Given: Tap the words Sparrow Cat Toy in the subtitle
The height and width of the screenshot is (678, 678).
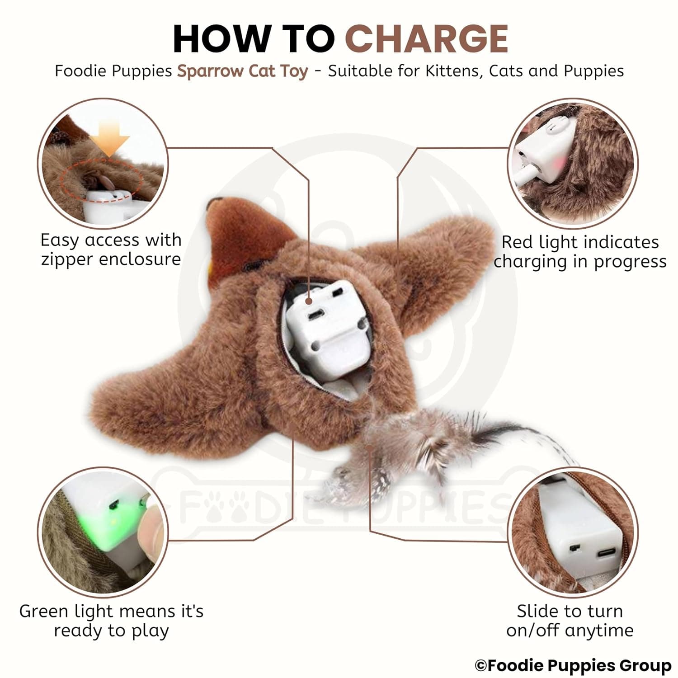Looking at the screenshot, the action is tap(243, 71).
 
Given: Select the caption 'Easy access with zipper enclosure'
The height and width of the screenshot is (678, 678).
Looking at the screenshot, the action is tap(111, 249).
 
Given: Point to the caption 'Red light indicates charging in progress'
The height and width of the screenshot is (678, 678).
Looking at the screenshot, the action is tap(580, 251).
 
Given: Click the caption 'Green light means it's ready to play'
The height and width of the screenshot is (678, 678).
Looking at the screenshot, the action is tap(111, 620).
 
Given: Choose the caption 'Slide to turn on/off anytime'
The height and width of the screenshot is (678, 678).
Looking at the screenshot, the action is tap(570, 620).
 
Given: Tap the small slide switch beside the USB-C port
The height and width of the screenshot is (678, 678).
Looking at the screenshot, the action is tap(575, 548).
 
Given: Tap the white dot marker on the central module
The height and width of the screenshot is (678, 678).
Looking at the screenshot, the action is tap(309, 301).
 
